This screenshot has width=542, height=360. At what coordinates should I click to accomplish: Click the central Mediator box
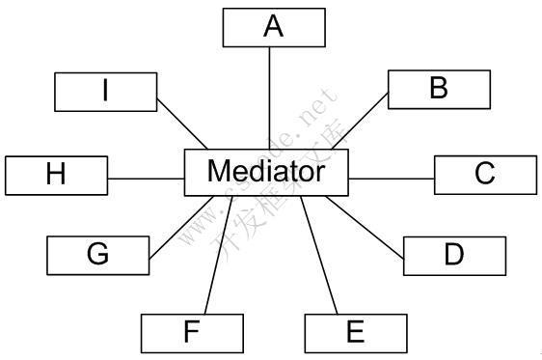pyautogui.click(x=266, y=174)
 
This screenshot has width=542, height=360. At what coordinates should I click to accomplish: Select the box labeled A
pyautogui.click(x=274, y=27)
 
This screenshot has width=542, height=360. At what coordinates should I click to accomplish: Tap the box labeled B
pyautogui.click(x=439, y=89)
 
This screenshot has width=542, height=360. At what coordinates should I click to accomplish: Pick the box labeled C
pyautogui.click(x=485, y=174)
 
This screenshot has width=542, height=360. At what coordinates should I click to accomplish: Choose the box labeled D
pyautogui.click(x=453, y=255)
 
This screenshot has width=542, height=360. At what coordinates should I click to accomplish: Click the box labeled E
pyautogui.click(x=355, y=333)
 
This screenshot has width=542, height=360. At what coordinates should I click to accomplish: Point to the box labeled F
pyautogui.click(x=191, y=333)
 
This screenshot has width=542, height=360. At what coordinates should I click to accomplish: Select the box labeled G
pyautogui.click(x=97, y=255)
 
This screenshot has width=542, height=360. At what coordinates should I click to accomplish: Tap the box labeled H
pyautogui.click(x=56, y=175)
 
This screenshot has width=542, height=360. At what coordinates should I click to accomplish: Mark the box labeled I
pyautogui.click(x=105, y=91)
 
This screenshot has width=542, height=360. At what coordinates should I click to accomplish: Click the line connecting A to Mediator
pyautogui.click(x=269, y=97)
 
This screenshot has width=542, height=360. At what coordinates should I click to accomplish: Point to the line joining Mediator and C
pyautogui.click(x=392, y=179)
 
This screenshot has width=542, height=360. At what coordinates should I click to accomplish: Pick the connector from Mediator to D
pyautogui.click(x=366, y=225)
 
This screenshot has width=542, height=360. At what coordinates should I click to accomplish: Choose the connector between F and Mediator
pyautogui.click(x=211, y=256)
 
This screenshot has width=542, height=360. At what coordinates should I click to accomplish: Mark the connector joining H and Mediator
pyautogui.click(x=146, y=178)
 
